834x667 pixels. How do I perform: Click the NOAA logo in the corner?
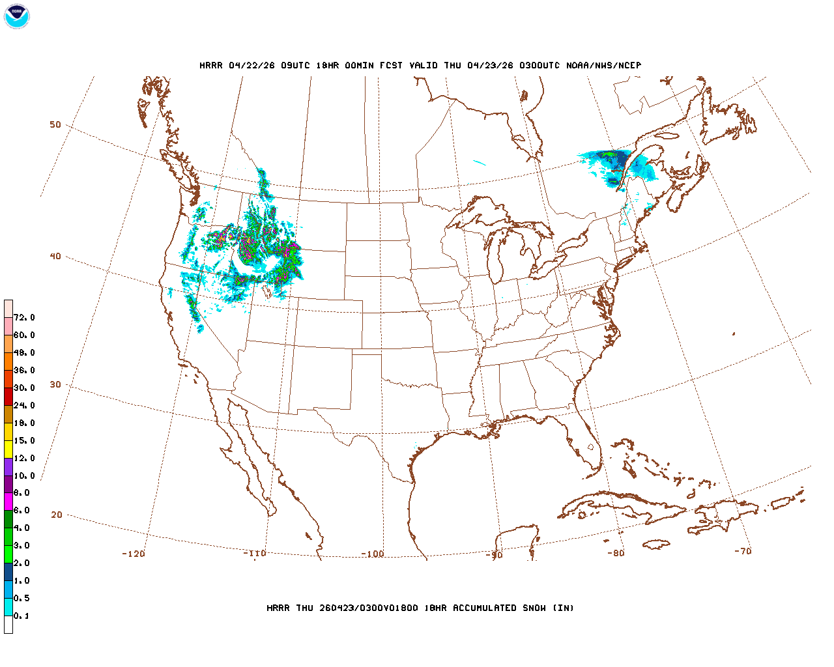pos(16,16)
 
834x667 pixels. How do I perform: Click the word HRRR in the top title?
pos(211,65)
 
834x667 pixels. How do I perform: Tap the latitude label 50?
pos(55,124)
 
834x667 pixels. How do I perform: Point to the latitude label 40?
pos(55,256)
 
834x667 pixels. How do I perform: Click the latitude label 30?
pos(55,384)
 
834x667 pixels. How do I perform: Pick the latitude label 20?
pos(57,515)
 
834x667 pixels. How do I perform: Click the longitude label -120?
pos(133,554)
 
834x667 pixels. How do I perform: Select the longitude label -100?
pos(372,554)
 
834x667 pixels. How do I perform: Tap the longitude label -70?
pos(743,551)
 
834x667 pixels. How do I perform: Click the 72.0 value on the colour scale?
pos(24,317)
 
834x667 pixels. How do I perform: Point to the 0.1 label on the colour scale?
pos(22,616)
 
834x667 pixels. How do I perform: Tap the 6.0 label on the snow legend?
pos(22,511)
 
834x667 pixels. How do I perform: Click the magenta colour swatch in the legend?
pos(8,502)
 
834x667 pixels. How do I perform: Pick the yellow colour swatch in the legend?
pos(8,449)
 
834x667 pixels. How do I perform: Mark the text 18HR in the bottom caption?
pos(435,608)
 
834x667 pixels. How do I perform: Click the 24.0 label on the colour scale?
pos(24,405)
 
